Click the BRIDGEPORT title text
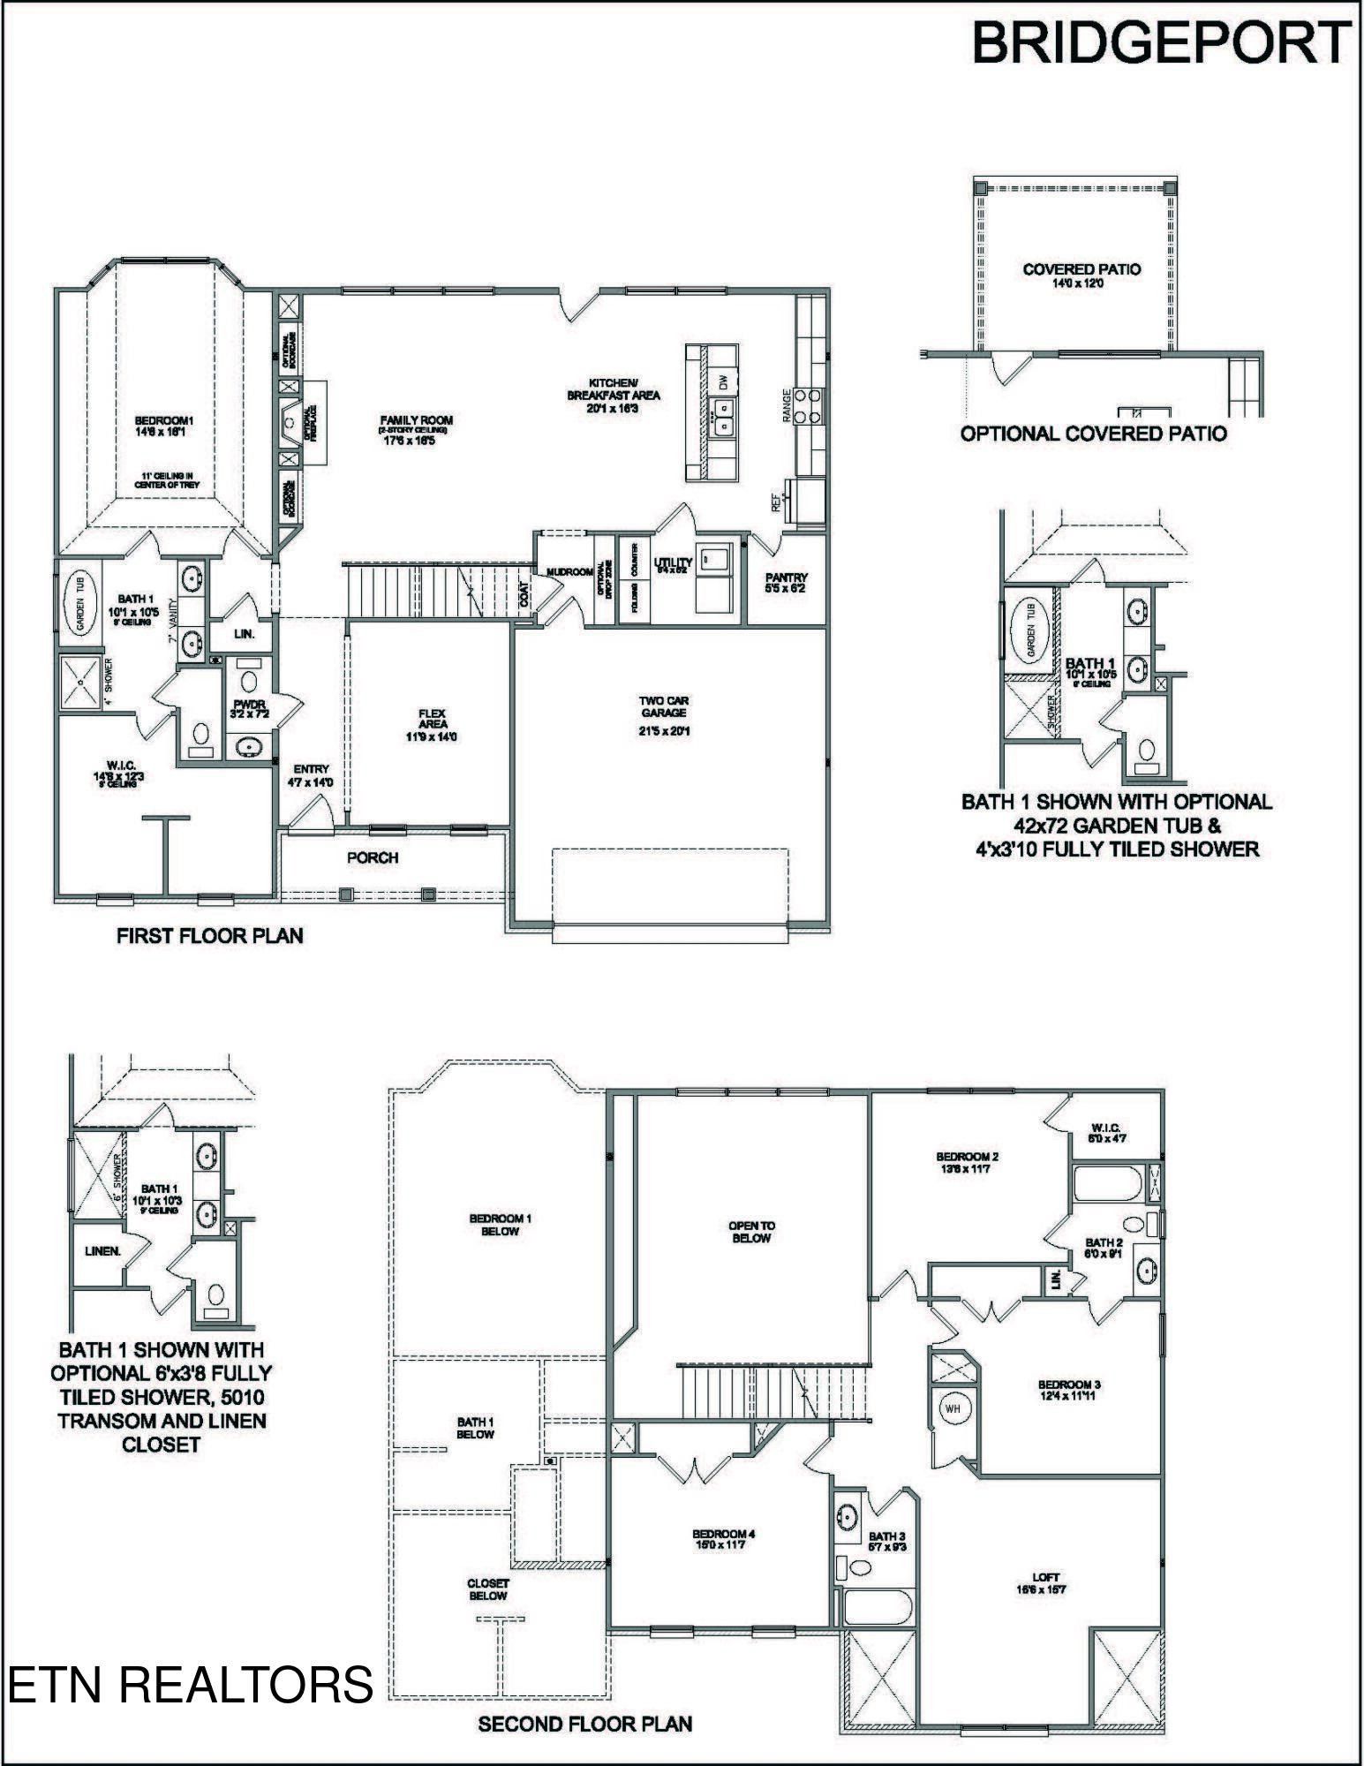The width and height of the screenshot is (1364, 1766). click(x=1161, y=42)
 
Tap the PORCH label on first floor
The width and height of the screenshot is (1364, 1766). click(x=373, y=857)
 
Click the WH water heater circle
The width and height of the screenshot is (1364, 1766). click(x=953, y=1408)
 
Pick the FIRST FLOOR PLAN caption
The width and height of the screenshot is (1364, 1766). click(x=210, y=936)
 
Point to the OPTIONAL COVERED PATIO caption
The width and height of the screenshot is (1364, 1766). click(x=1093, y=434)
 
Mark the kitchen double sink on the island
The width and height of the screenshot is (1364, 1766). click(x=723, y=417)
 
